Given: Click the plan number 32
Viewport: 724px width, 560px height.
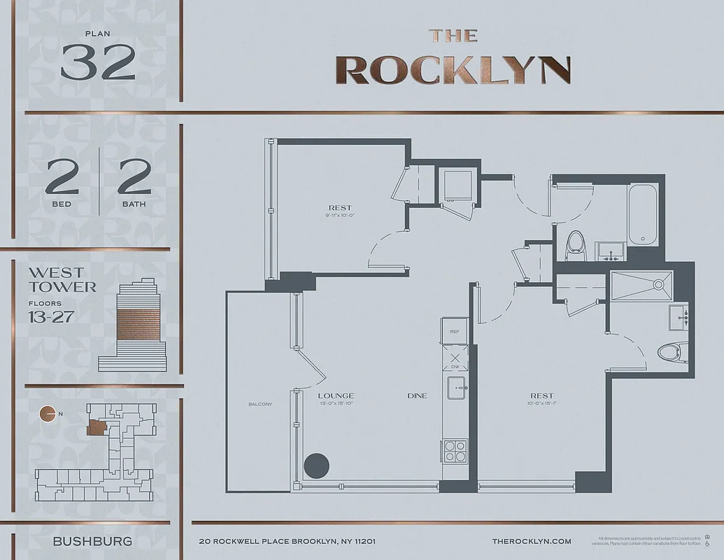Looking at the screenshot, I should [x=98, y=62].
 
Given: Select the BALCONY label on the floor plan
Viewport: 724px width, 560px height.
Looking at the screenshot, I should [x=260, y=405].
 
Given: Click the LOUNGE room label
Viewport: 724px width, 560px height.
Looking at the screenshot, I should [x=336, y=395].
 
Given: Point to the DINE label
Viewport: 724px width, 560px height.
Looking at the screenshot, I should [x=417, y=396].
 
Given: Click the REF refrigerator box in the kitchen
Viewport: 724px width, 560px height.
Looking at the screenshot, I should [x=455, y=332].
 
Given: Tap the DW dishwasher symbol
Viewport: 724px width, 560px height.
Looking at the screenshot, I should [x=455, y=360].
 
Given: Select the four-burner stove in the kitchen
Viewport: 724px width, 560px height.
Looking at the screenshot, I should [x=455, y=450].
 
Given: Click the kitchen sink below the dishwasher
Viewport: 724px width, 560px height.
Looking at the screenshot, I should [x=455, y=386].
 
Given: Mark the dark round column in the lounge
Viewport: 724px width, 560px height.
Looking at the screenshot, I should [x=316, y=465].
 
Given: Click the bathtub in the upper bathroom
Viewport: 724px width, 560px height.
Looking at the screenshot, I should [x=641, y=214].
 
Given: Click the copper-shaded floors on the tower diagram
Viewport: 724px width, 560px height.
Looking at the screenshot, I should [x=137, y=321].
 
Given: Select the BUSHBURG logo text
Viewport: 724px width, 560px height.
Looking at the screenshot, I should [x=92, y=541].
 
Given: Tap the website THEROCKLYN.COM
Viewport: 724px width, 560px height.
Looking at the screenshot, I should [x=532, y=541].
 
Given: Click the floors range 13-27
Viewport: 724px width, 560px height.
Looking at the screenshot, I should [x=51, y=316].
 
